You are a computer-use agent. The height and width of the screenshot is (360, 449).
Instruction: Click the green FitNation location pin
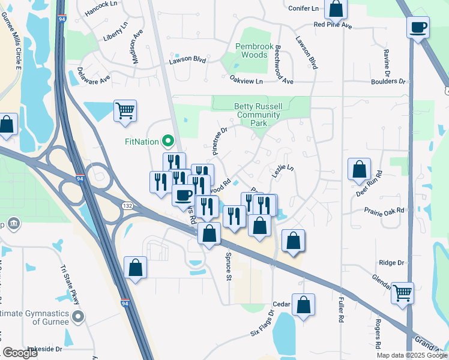(x=168, y=142)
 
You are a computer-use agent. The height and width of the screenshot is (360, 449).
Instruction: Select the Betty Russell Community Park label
(x=258, y=115)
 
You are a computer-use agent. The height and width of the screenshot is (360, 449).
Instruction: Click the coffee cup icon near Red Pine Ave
(x=417, y=27)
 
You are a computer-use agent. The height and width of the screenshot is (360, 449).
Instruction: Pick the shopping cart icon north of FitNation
(x=125, y=110)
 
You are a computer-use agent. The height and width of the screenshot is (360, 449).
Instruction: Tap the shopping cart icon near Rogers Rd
(x=402, y=292)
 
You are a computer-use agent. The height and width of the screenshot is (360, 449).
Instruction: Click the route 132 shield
(x=127, y=206)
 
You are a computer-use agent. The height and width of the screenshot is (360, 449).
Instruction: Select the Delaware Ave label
(x=94, y=76)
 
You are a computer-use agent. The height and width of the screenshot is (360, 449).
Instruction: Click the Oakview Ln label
(x=246, y=80)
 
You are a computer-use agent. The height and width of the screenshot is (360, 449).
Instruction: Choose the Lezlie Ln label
(x=284, y=172)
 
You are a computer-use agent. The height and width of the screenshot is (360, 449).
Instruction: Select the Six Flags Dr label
(x=262, y=324)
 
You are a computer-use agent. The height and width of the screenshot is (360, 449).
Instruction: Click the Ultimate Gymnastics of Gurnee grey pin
(x=76, y=316)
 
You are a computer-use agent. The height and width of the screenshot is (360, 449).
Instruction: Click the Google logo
(x=20, y=353)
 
